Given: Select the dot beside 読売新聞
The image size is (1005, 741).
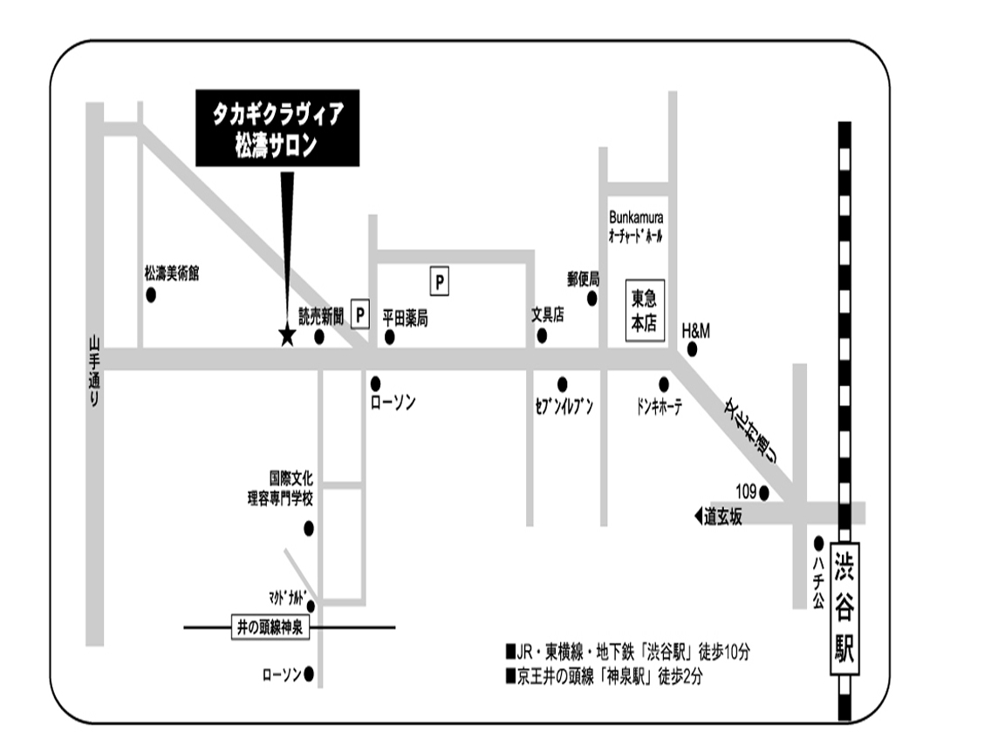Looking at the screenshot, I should (x=319, y=337).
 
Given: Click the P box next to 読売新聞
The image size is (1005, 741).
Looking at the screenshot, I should (x=359, y=315).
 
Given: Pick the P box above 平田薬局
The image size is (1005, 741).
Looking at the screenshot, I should (x=441, y=282).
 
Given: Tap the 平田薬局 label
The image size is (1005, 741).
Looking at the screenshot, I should (x=406, y=318).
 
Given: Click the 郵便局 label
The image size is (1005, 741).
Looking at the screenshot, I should (x=584, y=280).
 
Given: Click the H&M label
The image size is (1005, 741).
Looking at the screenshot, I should (x=696, y=330).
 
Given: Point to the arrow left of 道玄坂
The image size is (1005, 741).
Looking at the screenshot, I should (x=698, y=517).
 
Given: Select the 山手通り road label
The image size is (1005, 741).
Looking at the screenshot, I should (x=95, y=370).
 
